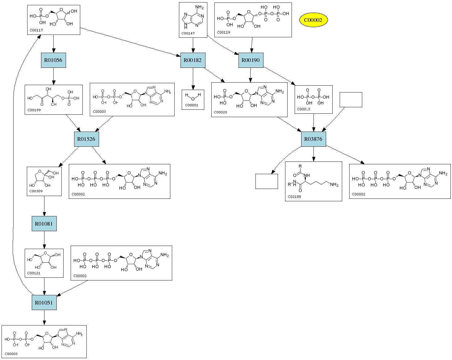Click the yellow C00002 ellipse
(x=313, y=20)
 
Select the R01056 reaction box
(x=53, y=60)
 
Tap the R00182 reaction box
(x=193, y=60)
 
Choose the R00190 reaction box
(x=251, y=60)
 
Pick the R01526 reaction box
(x=86, y=139)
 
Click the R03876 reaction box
(x=313, y=139)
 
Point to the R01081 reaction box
(x=44, y=224)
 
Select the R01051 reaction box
(x=44, y=303)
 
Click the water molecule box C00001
(x=193, y=100)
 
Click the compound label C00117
(x=36, y=30)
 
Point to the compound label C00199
(x=34, y=110)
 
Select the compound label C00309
(x=36, y=191)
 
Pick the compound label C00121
(x=34, y=273)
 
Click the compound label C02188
(x=294, y=197)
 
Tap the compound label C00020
(x=220, y=112)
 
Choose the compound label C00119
(x=223, y=32)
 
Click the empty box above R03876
(x=351, y=100)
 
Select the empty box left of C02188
(x=267, y=181)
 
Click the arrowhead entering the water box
(x=193, y=87)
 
